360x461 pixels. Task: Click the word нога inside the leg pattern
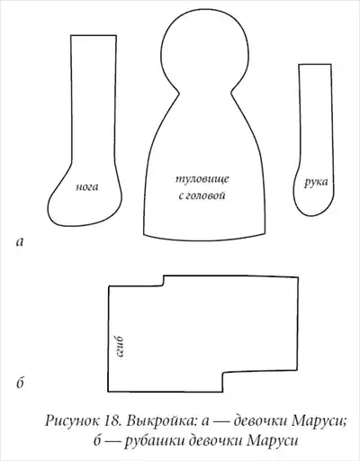coord(87,187)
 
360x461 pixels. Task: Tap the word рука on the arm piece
coord(316,182)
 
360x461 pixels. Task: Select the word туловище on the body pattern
coord(202,179)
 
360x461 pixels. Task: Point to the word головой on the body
coord(205,195)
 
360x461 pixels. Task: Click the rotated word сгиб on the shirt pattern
coord(120,347)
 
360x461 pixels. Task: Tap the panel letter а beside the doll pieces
coord(20,241)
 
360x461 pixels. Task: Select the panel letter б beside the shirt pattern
coord(20,383)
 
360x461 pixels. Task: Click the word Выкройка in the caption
coord(161,420)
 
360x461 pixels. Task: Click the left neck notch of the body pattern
coord(179,94)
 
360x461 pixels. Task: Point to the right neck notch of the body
coord(231,94)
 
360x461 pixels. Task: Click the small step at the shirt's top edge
coord(164,281)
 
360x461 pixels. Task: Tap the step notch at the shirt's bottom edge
coord(222,382)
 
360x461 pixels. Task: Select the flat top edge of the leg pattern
coord(94,35)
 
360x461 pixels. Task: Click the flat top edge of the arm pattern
coord(315,64)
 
